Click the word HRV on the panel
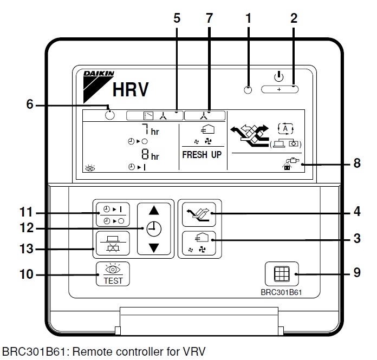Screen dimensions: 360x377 click(130, 90)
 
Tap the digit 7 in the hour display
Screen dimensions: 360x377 click(146, 129)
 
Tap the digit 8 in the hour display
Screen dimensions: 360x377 click(145, 154)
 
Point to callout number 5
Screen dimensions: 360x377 click(177, 18)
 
